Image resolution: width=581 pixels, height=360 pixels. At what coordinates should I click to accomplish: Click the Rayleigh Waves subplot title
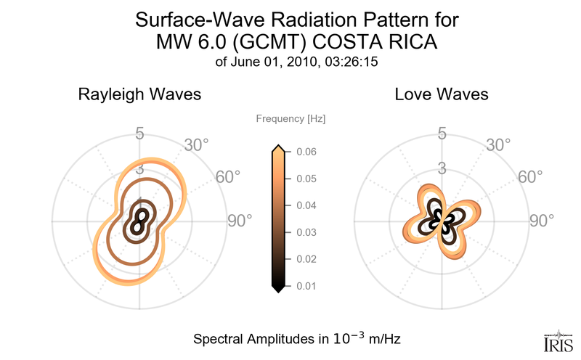pos(139,94)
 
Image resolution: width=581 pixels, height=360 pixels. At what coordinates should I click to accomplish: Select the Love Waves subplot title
pos(441,94)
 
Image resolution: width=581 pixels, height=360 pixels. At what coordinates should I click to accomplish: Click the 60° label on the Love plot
pos(529,177)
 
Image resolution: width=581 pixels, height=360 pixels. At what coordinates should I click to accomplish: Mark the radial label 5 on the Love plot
pos(441,134)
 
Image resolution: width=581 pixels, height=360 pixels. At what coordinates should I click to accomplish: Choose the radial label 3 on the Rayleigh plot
pos(139,170)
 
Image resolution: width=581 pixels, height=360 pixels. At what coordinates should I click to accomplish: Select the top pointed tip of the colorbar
pos(277,148)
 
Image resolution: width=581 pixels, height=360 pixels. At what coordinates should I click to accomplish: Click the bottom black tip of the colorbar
pos(277,289)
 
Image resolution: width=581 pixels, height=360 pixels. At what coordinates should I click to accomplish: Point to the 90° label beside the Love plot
pos(540,221)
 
